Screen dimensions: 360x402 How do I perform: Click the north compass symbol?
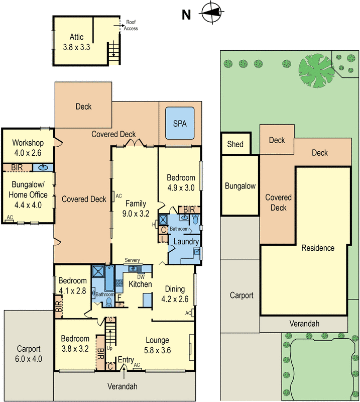click(212, 13)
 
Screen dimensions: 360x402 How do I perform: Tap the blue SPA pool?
click(180, 123)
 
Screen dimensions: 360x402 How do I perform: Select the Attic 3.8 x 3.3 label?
click(76, 42)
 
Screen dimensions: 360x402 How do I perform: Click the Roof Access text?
click(131, 25)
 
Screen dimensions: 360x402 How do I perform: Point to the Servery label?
click(132, 260)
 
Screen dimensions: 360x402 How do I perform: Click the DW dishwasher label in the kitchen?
click(141, 277)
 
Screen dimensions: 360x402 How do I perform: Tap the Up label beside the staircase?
click(109, 348)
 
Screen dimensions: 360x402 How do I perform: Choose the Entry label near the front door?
click(126, 360)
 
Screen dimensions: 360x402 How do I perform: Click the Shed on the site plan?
click(235, 144)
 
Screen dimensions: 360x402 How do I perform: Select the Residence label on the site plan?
click(318, 248)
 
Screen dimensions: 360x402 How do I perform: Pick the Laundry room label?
click(186, 242)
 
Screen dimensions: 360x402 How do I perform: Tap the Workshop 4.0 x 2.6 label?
click(28, 148)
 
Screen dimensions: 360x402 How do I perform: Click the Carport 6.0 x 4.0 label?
click(29, 354)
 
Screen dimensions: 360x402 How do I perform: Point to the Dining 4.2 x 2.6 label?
click(175, 294)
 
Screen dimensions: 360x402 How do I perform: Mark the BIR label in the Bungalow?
click(17, 167)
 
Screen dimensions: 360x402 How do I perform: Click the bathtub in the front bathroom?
click(109, 279)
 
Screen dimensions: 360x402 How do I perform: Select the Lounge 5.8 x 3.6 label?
click(157, 345)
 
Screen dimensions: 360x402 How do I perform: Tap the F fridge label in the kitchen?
click(119, 298)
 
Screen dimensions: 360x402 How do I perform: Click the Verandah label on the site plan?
click(304, 324)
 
